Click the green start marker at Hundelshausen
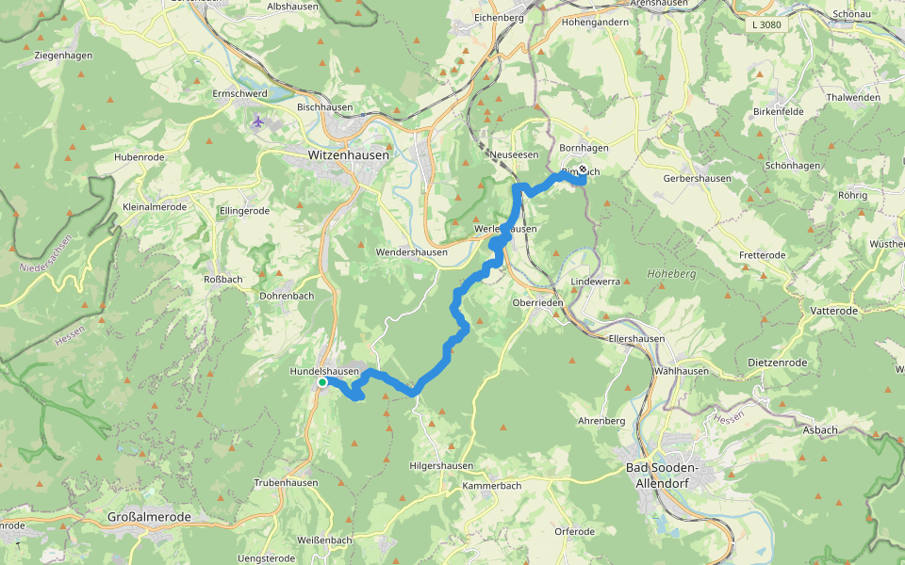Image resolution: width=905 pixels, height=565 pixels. point(321,382)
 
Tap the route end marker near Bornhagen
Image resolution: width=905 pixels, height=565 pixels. point(583,170)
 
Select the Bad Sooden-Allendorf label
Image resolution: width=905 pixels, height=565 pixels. point(674,475)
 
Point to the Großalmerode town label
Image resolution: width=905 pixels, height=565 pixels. point(149,518)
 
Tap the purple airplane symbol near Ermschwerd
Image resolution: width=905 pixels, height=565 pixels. point(258,121)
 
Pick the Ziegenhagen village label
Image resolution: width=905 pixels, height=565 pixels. point(63,56)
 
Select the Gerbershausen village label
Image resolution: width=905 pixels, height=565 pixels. point(697,178)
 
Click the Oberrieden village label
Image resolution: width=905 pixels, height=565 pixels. point(537,303)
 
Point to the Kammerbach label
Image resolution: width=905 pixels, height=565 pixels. point(491,486)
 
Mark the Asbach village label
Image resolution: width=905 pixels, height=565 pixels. point(819,430)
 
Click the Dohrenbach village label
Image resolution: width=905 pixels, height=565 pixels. point(288,296)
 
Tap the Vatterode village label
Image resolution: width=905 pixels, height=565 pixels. point(833,310)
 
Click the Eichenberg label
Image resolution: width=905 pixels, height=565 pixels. point(498,18)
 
